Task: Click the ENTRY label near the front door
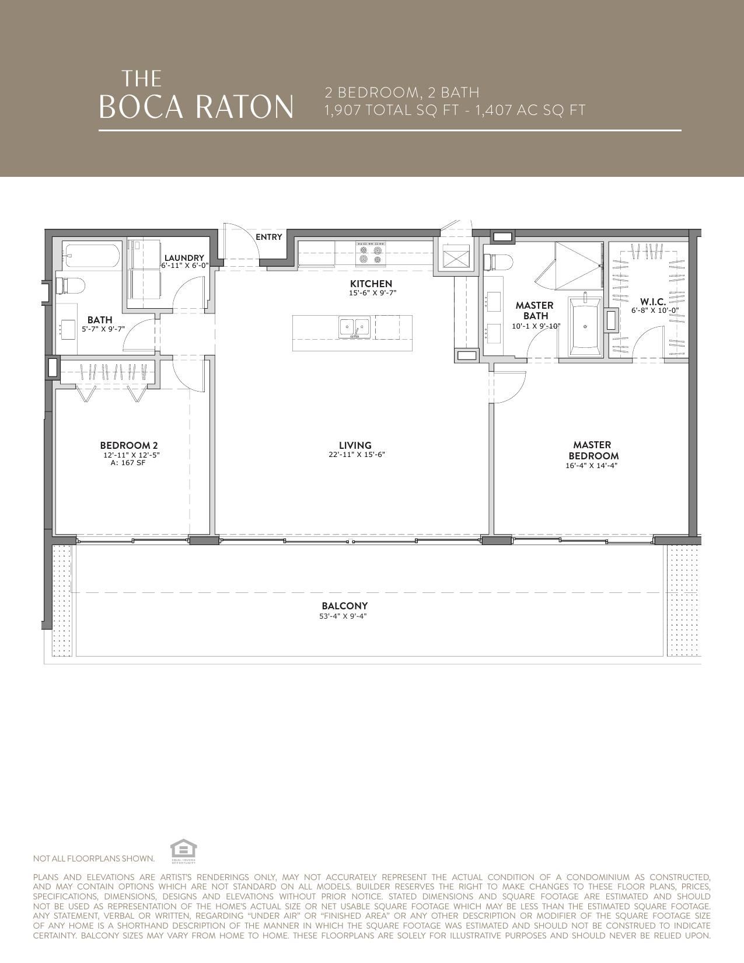(x=268, y=237)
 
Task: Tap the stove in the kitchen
(x=371, y=254)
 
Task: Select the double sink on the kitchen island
(x=355, y=327)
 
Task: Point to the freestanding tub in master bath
(x=585, y=327)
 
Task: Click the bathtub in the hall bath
(x=92, y=255)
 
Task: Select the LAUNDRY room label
(x=184, y=258)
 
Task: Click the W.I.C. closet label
(x=653, y=302)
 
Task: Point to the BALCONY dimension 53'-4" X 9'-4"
(x=343, y=616)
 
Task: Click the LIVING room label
(x=355, y=445)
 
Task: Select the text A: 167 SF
(x=128, y=463)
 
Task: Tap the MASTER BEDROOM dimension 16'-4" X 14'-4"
(x=592, y=466)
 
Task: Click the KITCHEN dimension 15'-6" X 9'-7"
(x=371, y=293)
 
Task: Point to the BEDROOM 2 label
(x=129, y=445)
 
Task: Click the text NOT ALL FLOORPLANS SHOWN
(x=94, y=859)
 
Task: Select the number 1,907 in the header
(x=343, y=110)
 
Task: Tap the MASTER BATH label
(x=535, y=310)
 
